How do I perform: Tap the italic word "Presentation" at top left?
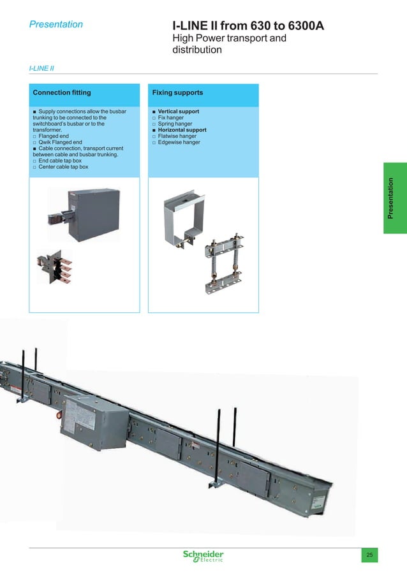56,24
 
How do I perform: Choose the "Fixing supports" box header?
177,93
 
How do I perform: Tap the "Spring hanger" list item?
175,124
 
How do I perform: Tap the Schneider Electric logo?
203,555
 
